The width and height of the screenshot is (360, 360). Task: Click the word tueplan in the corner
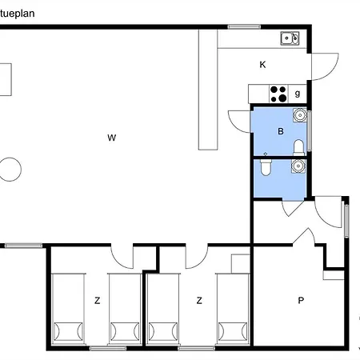[x=17, y=14]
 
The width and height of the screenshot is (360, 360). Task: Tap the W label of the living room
[x=112, y=138]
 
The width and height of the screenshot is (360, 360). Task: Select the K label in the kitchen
[x=262, y=65]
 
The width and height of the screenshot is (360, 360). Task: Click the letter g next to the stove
[x=298, y=94]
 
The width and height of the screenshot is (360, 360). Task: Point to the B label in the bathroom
[x=281, y=131]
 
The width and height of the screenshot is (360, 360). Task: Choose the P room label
[x=301, y=301]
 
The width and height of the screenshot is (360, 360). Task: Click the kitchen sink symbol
[x=290, y=38]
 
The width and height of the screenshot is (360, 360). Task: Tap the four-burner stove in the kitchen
[x=278, y=94]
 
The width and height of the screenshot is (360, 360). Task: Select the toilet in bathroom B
[x=298, y=147]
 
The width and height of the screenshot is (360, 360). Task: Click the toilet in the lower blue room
[x=266, y=167]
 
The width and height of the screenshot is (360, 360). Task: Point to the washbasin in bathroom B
[x=300, y=115]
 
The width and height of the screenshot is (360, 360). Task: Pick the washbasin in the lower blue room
[x=298, y=166]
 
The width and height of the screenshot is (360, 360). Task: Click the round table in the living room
[x=10, y=170]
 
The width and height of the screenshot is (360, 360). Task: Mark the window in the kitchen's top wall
[x=244, y=26]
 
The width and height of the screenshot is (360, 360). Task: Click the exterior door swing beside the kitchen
[x=326, y=66]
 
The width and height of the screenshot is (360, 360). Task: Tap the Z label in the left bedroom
[x=98, y=301]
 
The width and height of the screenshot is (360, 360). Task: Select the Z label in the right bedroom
[x=199, y=301]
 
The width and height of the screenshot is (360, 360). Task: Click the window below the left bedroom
[x=108, y=348]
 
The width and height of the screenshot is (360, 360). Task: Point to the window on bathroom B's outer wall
[x=310, y=131]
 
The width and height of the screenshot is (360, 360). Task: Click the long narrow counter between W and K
[x=208, y=90]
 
